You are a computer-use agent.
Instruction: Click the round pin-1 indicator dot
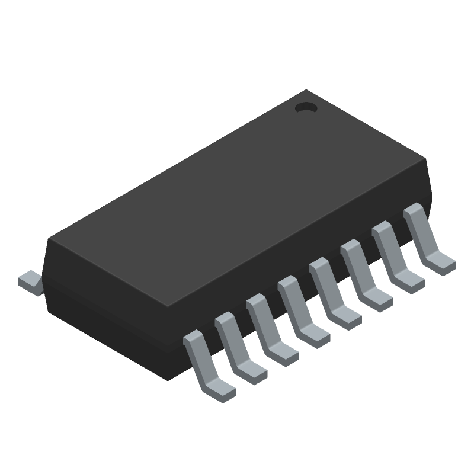[x=306, y=108]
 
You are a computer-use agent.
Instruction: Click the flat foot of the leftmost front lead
[x=220, y=392]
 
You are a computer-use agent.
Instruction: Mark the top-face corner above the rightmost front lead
[x=426, y=159]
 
